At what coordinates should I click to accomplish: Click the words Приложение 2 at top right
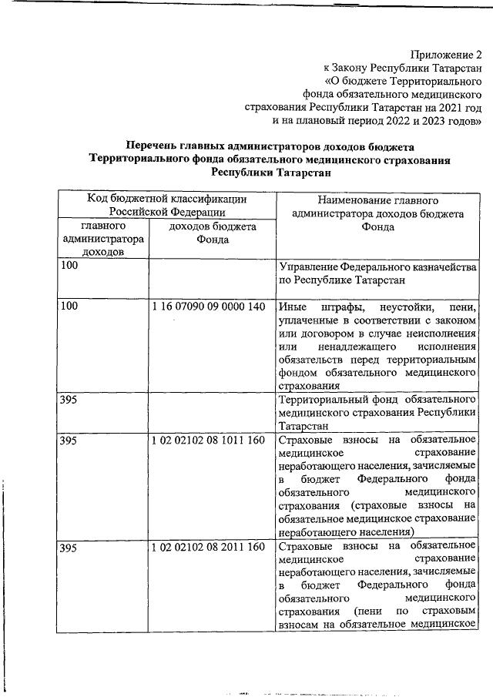(x=445, y=55)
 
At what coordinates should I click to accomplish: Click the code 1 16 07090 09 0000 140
(x=210, y=307)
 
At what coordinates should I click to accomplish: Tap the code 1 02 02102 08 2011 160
(x=210, y=548)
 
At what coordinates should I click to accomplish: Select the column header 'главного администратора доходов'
(x=103, y=240)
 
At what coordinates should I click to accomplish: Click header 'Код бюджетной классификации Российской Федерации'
(x=167, y=205)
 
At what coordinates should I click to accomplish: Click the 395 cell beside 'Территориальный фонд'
(x=69, y=400)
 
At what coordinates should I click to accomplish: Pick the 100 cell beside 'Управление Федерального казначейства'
(x=69, y=266)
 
